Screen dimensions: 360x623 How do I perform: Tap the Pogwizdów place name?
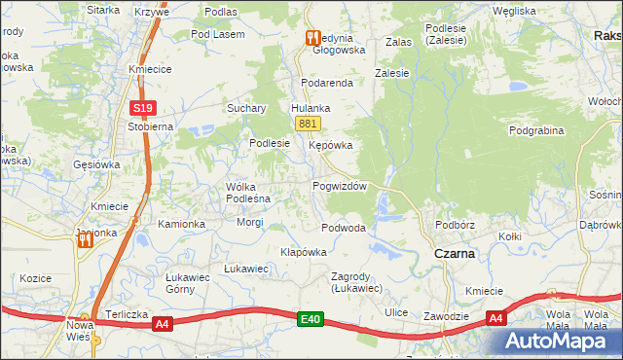pos(339,186)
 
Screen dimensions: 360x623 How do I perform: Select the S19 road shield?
pos(143,108)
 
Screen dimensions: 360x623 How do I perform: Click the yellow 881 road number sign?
pos(308,124)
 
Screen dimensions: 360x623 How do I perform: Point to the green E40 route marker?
pos(311,318)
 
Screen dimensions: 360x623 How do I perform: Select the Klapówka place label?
pos(303,251)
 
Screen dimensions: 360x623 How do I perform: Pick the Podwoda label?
pos(344,228)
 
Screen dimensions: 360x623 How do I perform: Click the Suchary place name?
pos(246,108)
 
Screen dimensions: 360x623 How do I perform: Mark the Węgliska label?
pos(514,11)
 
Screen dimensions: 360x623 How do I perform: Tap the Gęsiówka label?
pos(96,164)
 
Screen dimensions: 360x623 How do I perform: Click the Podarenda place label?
pos(326,84)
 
